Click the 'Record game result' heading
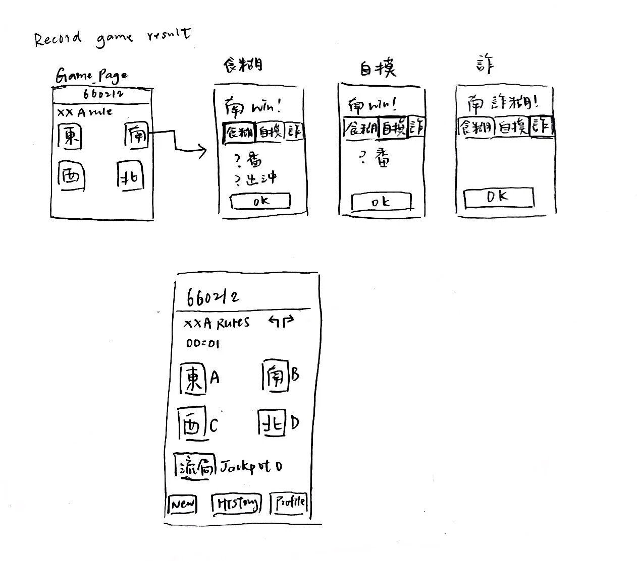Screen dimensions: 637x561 (x=112, y=37)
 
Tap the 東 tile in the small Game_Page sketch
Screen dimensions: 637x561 (x=70, y=137)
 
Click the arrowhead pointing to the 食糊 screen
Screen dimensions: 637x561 (x=203, y=151)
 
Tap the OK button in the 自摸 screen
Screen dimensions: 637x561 (x=381, y=202)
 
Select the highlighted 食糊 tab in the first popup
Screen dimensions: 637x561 (x=239, y=132)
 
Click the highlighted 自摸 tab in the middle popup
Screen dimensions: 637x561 (x=394, y=128)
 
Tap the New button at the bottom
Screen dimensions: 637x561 (x=182, y=504)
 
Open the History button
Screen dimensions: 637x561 (x=237, y=504)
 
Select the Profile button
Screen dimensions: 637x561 (x=290, y=502)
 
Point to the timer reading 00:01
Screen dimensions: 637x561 (x=203, y=344)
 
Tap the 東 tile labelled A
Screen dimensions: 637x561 (x=194, y=379)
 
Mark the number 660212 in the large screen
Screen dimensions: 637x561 (x=213, y=297)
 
